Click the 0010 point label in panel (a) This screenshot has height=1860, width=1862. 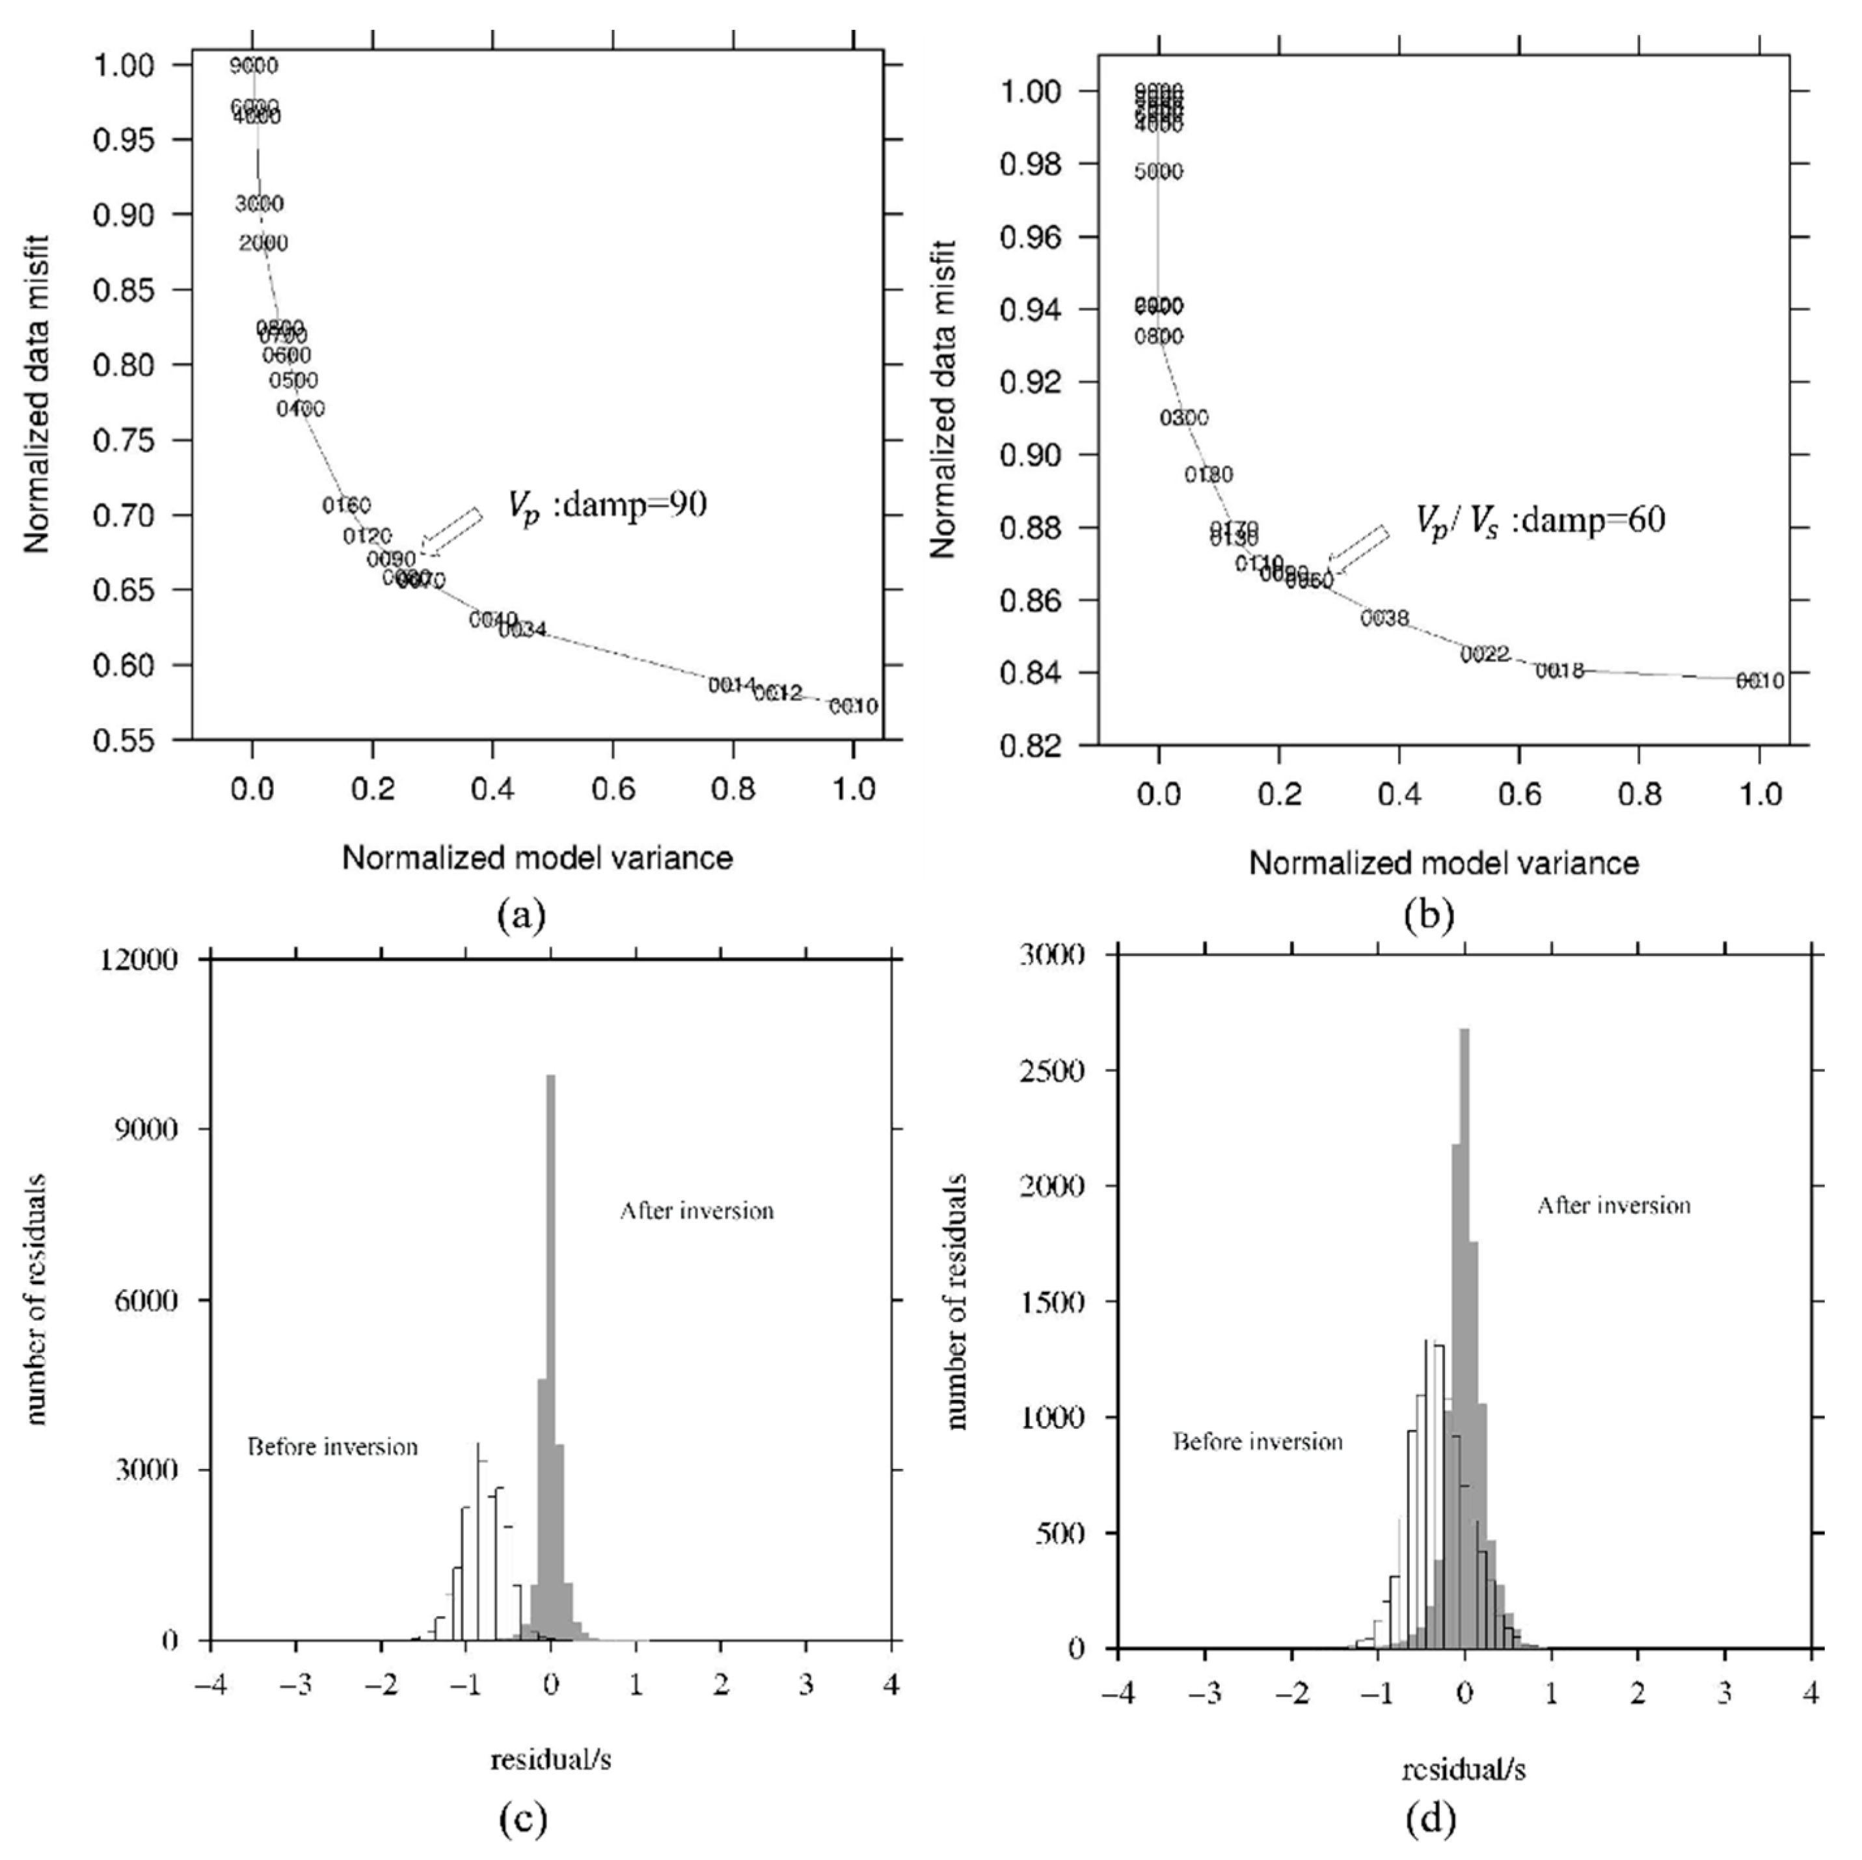(853, 707)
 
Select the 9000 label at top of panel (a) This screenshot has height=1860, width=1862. (254, 66)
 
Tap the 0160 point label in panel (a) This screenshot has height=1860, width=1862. (346, 504)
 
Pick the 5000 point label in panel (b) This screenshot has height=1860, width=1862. (1159, 172)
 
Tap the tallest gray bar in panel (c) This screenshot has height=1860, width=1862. (551, 1349)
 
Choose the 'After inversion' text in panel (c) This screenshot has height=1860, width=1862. (697, 1211)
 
